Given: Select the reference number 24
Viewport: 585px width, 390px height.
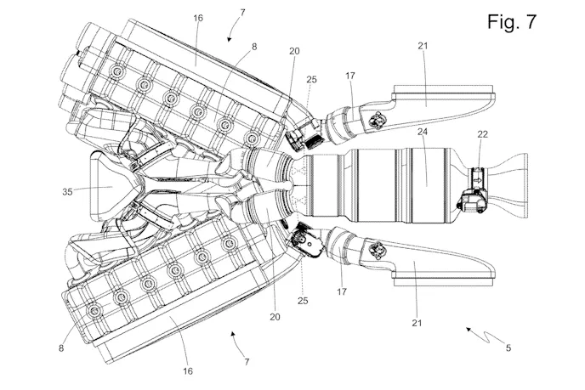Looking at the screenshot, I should tap(422, 133).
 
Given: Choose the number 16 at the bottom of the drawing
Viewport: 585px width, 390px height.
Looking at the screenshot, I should tap(188, 370).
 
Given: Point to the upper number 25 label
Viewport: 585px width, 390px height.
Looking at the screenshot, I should tap(312, 79).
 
